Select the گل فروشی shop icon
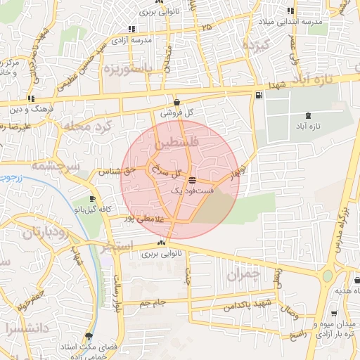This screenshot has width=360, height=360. click(x=176, y=102)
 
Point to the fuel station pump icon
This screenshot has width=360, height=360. click(x=259, y=95)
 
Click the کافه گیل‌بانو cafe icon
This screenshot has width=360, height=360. click(x=92, y=199)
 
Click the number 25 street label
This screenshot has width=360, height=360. click(x=205, y=27)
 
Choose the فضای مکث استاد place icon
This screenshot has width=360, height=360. click(x=89, y=336)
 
